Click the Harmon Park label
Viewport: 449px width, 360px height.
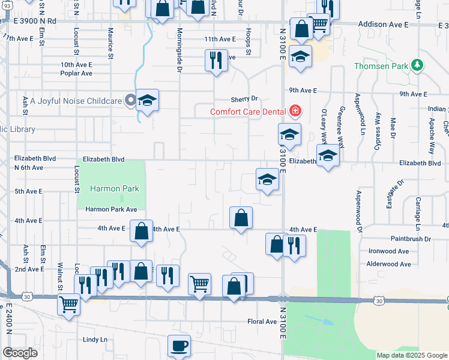[114, 188]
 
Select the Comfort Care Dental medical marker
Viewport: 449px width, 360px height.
[294, 111]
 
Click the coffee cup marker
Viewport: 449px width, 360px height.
[179, 346]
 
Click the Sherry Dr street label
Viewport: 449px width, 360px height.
[244, 99]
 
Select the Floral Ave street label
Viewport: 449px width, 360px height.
[262, 322]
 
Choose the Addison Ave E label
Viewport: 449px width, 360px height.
[382, 25]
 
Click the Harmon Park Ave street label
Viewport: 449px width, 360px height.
[111, 209]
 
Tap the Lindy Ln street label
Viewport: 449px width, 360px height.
[95, 340]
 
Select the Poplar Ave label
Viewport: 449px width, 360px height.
[76, 73]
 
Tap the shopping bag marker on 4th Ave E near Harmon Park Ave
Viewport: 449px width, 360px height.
[141, 231]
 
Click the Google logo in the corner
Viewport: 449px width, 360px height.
[20, 353]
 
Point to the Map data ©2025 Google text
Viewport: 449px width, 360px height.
[412, 355]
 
